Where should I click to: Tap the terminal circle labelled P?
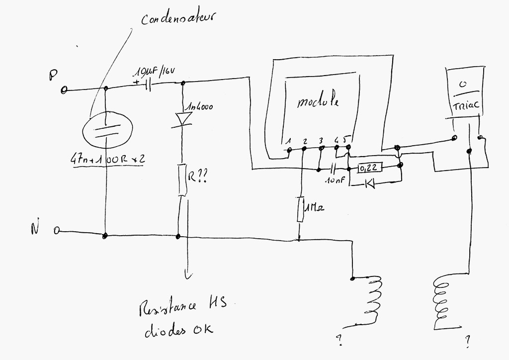click(x=64, y=90)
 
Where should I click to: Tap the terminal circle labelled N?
click(x=57, y=231)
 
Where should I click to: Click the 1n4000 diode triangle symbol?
click(x=183, y=119)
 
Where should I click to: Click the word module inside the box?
click(x=318, y=102)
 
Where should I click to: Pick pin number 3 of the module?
click(x=321, y=140)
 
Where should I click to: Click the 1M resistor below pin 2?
click(x=300, y=209)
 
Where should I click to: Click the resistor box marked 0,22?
click(x=368, y=168)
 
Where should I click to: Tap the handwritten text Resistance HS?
click(x=182, y=308)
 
